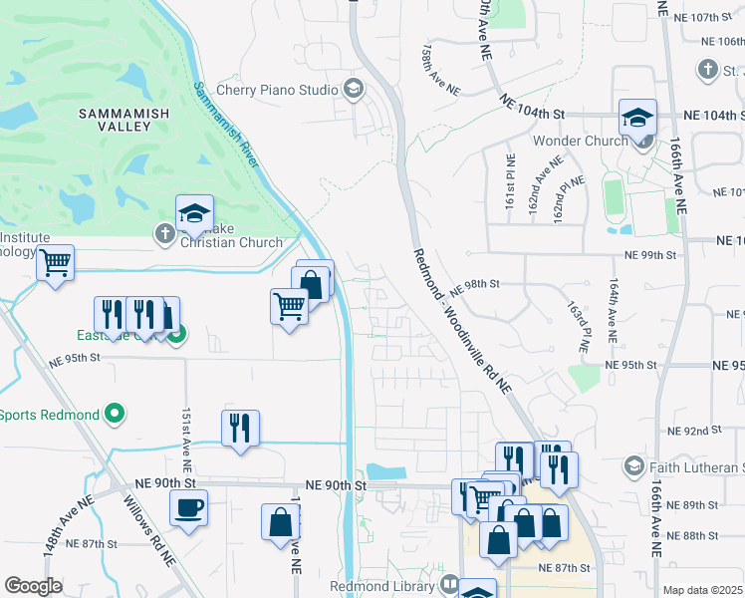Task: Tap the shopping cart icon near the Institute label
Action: [x=56, y=264]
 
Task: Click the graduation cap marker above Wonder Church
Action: [x=637, y=119]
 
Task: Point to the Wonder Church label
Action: [x=580, y=141]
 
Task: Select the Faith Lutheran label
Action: [x=696, y=466]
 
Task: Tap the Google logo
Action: [x=33, y=585]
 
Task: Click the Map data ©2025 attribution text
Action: [x=702, y=590]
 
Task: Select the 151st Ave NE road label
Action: [x=185, y=439]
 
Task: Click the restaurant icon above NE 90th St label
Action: [x=240, y=429]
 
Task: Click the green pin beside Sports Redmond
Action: [x=115, y=414]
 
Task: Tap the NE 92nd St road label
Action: [x=695, y=430]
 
